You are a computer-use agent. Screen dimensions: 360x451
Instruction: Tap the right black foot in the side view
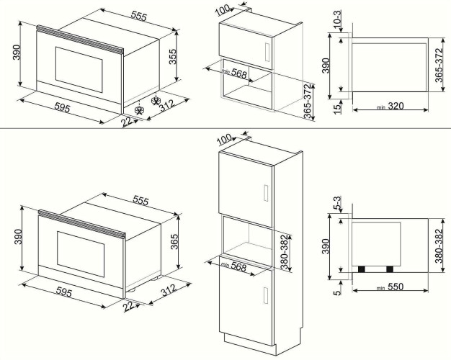click(x=390, y=269)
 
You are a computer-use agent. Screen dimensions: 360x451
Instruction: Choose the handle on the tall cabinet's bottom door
click(x=266, y=296)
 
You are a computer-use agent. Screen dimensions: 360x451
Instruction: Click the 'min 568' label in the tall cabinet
click(x=235, y=264)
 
